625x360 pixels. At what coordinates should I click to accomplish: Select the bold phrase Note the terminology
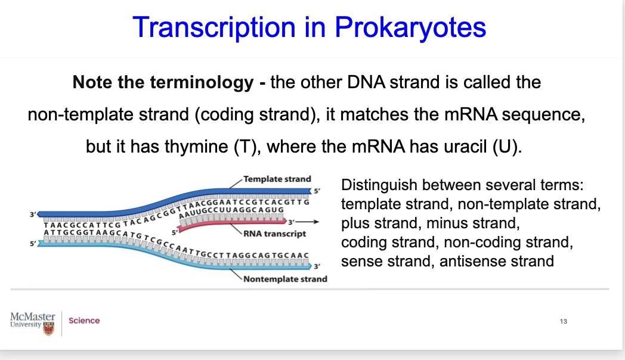162,82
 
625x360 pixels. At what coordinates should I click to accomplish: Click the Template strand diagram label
277,179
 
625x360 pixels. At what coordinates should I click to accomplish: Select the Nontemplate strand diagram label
285,279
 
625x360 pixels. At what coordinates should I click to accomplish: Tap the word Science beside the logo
84,321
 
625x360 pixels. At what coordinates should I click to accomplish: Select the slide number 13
564,322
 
